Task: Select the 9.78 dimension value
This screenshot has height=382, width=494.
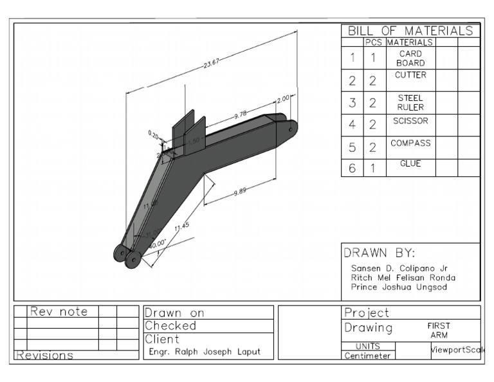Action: point(241,114)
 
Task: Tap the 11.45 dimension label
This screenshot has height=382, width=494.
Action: point(181,226)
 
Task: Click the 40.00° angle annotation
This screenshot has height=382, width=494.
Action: point(158,243)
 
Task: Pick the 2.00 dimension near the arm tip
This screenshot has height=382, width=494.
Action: point(283,100)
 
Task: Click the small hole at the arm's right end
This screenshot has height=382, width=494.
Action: point(290,129)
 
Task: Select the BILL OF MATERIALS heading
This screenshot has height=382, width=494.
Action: point(410,31)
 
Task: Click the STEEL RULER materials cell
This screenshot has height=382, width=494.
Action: point(410,102)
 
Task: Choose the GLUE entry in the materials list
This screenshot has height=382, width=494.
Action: point(410,164)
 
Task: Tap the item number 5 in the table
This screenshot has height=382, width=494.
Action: point(352,147)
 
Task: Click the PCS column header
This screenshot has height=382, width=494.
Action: point(373,42)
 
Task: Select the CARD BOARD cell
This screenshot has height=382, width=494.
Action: point(410,59)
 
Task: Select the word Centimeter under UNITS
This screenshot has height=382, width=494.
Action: point(367,356)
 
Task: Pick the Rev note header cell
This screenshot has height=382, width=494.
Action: point(60,312)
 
